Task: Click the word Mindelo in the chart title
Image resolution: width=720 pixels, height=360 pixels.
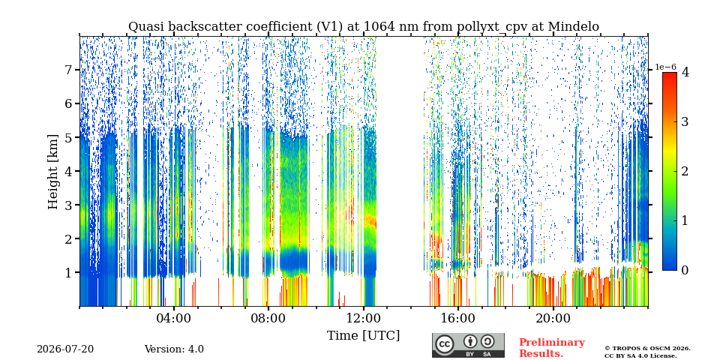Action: pos(574,27)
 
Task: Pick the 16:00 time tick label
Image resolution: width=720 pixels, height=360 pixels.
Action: pos(457,318)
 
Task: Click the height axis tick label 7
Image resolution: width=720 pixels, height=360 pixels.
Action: pos(71,70)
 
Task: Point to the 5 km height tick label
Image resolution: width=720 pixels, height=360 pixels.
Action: pos(71,137)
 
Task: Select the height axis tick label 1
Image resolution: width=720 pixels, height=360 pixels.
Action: pos(71,272)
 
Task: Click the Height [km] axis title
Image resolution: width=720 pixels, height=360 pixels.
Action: pos(54,172)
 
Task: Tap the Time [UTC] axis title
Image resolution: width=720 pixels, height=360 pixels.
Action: pos(363,336)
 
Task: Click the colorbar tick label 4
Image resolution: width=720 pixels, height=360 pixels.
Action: pos(685,72)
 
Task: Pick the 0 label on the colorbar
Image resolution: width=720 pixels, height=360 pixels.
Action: pos(685,270)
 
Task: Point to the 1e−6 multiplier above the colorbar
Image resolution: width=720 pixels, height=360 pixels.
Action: pos(665,67)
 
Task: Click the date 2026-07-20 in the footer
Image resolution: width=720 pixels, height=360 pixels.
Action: pos(65,349)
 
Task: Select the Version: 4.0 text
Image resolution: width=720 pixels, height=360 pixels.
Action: pos(174,349)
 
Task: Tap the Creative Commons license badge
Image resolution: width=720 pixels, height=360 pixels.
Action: pos(468,345)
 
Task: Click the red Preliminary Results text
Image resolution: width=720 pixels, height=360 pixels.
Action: pos(552,348)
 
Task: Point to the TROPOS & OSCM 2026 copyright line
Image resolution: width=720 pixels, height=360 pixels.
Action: pos(647,349)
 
